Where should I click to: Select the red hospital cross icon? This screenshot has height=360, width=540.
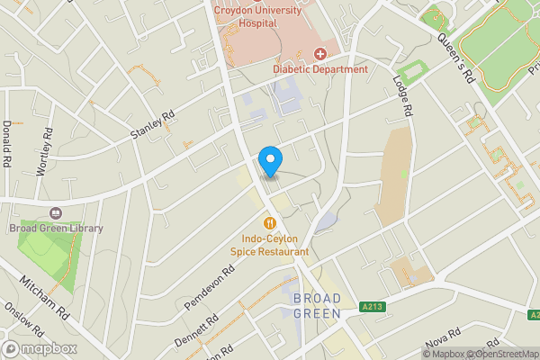point(320,55)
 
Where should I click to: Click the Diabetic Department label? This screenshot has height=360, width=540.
point(320,69)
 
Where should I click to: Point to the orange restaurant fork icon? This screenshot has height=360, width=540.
point(269,222)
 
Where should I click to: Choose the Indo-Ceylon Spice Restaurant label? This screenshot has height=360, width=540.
point(269,246)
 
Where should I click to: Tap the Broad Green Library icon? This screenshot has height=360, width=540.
point(56,213)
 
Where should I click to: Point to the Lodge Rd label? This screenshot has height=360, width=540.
point(401,96)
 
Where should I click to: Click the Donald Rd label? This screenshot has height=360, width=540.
point(7,144)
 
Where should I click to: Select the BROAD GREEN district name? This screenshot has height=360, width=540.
point(317,306)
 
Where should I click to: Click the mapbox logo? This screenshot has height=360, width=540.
point(40,348)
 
